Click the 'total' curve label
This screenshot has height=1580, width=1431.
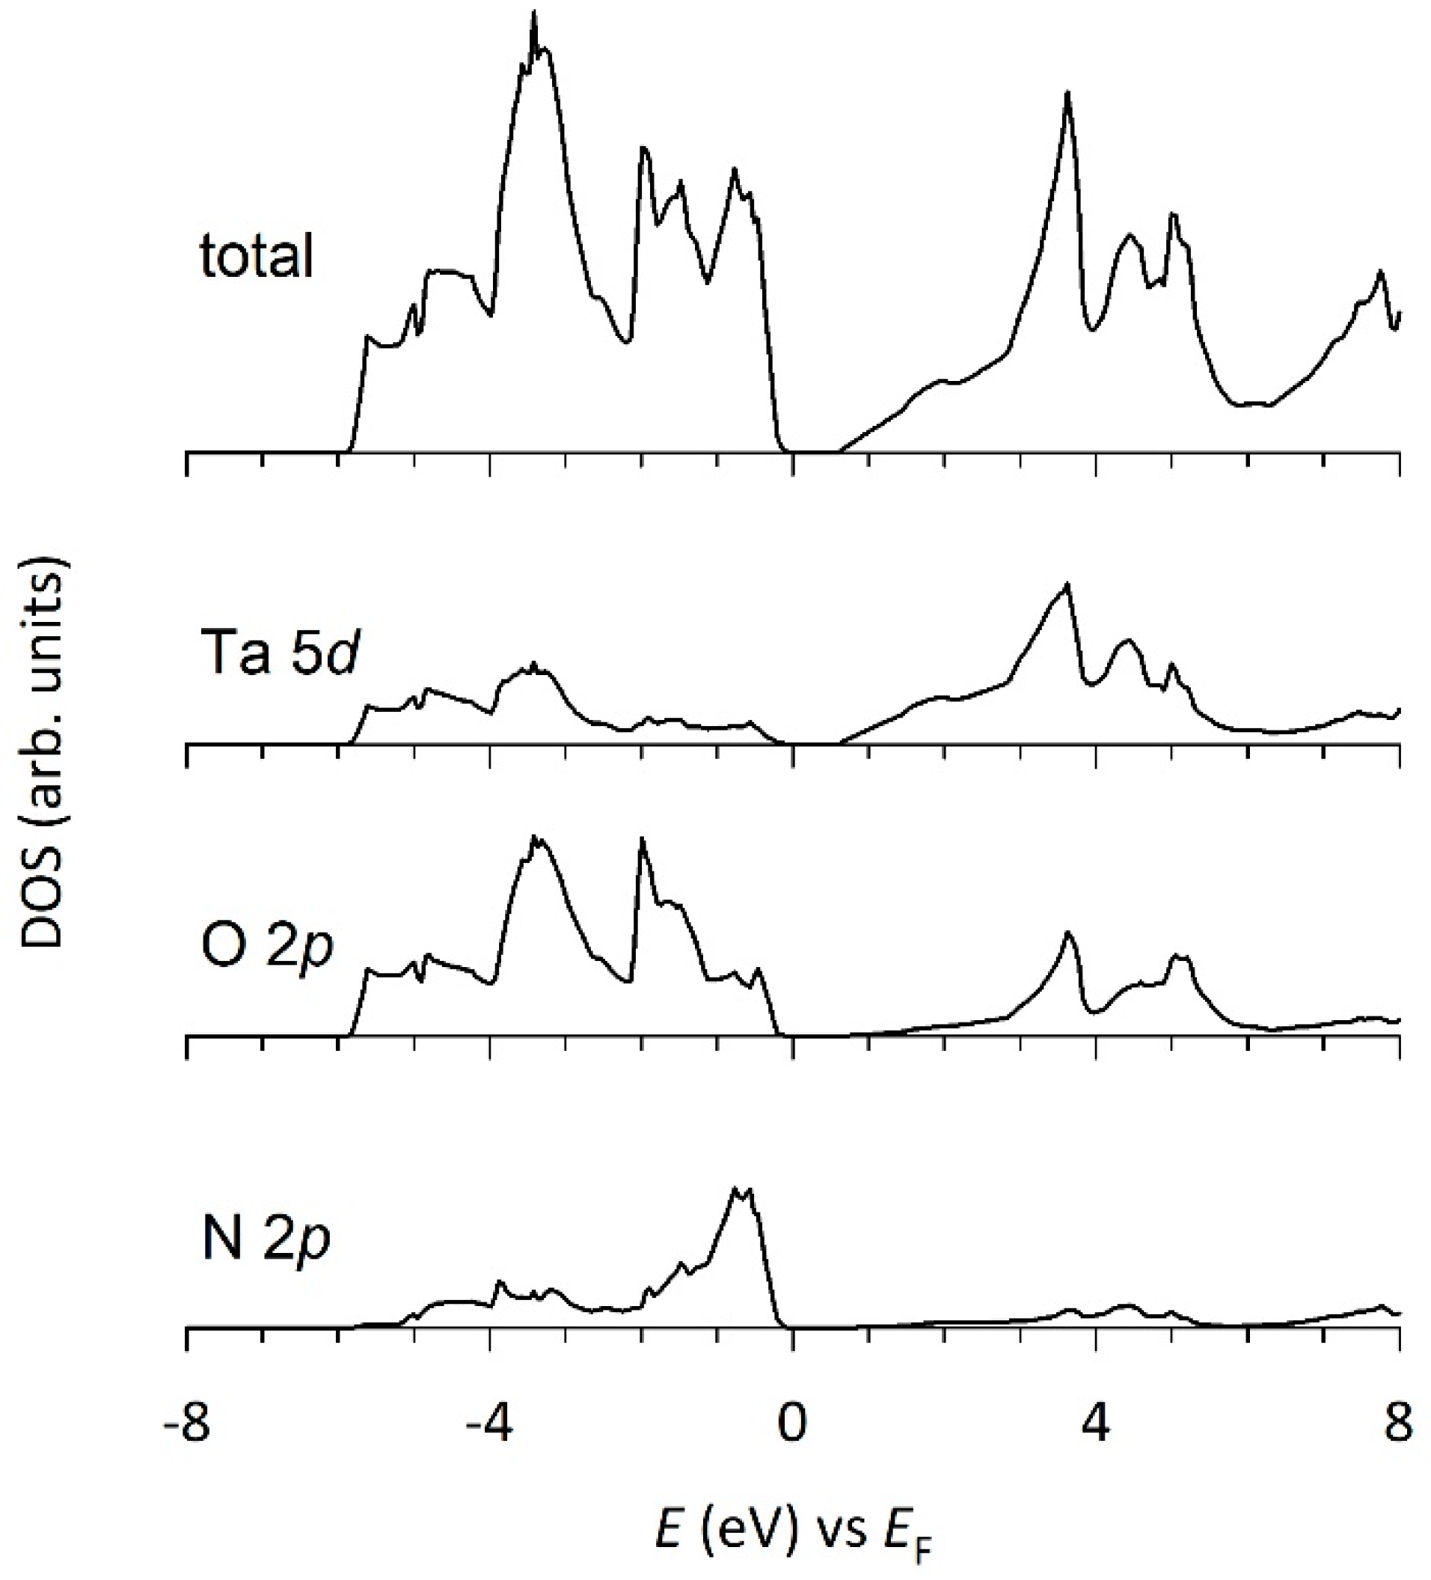pos(256,255)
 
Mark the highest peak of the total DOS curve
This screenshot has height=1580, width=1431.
pos(534,13)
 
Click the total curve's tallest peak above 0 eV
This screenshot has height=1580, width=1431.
pos(1067,94)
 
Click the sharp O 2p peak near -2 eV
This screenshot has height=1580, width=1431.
pos(643,838)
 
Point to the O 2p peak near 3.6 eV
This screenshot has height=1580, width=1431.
pos(1067,932)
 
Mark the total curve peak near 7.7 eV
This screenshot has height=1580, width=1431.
pos(1380,271)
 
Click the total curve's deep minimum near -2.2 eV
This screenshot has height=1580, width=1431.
pos(627,342)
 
